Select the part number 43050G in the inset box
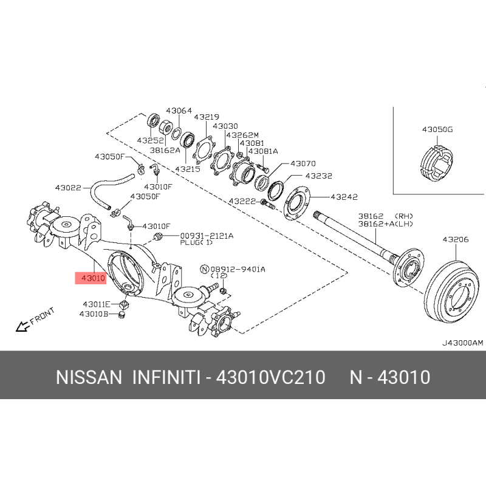(437, 129)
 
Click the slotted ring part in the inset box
(436, 163)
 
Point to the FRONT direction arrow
(22, 326)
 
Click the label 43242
(344, 197)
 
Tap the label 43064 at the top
(179, 111)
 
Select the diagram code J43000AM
(462, 343)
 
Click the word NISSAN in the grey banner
(89, 377)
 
